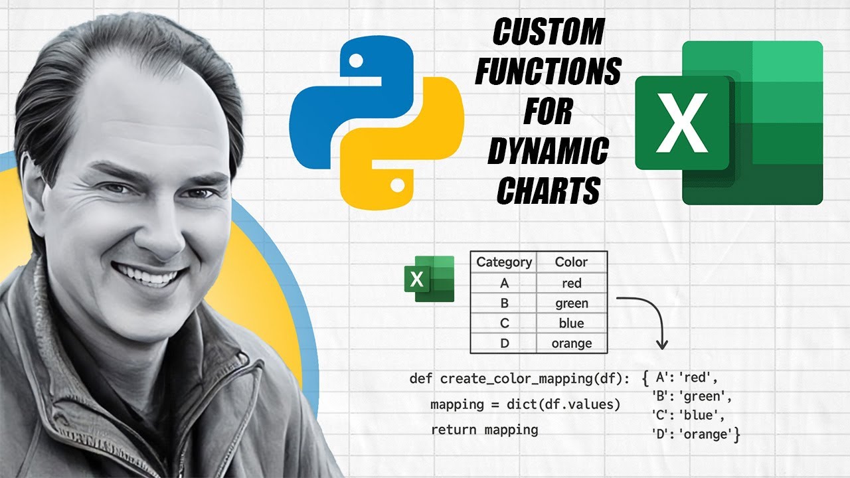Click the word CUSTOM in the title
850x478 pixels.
pyautogui.click(x=548, y=31)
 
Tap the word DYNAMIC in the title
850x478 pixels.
pyautogui.click(x=548, y=152)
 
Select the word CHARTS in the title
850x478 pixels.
pyautogui.click(x=548, y=191)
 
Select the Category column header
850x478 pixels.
pyautogui.click(x=504, y=262)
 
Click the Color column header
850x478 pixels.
pyautogui.click(x=571, y=262)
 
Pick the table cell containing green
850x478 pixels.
pyautogui.click(x=571, y=303)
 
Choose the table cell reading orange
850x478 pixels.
pyautogui.click(x=571, y=343)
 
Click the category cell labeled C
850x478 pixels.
pyautogui.click(x=504, y=323)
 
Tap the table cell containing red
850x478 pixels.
pyautogui.click(x=571, y=283)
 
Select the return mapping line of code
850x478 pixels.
pyautogui.click(x=484, y=430)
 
